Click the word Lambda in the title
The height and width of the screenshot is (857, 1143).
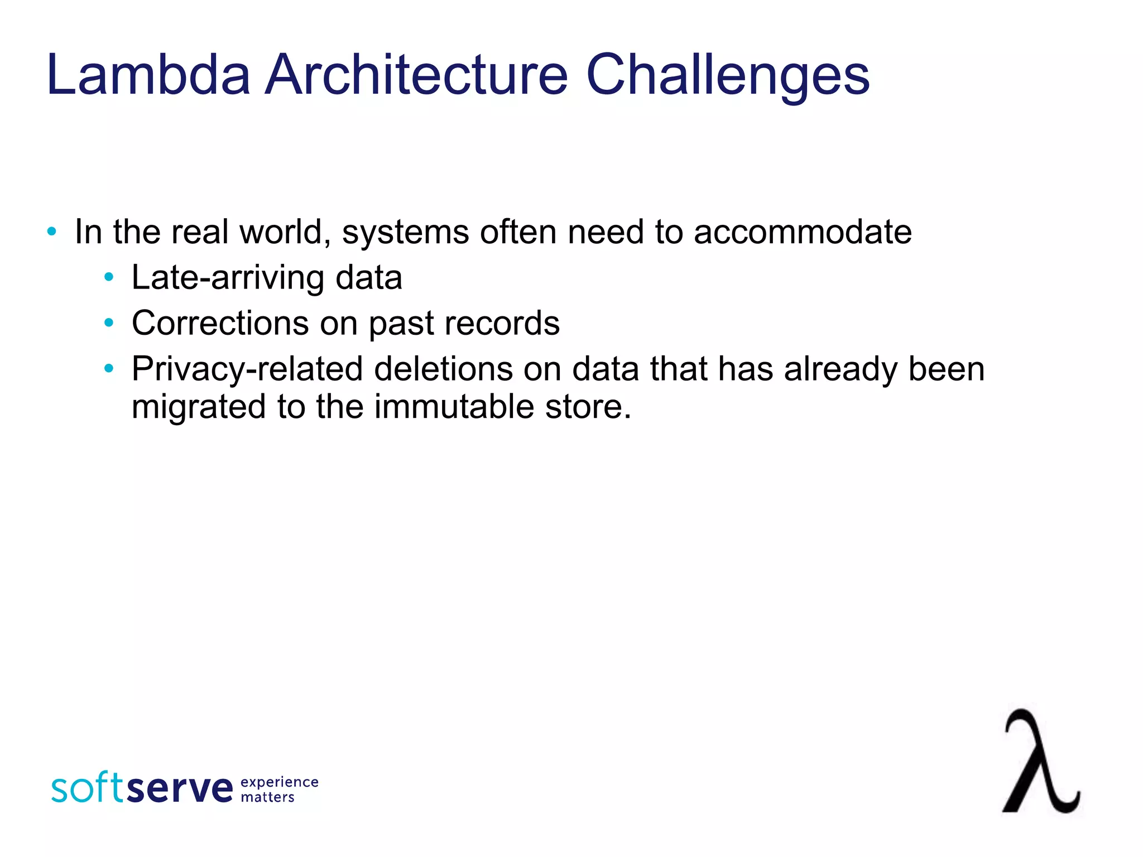tap(148, 75)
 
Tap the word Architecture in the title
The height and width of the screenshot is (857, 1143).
tap(416, 75)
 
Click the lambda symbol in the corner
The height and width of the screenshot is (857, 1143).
tap(1040, 762)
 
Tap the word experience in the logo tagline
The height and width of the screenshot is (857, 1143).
tap(279, 782)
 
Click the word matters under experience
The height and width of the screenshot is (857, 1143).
tap(267, 797)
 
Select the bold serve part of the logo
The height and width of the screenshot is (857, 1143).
tap(180, 788)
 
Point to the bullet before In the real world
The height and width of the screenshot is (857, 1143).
tap(52, 232)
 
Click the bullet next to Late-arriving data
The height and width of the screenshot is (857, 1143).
tap(109, 277)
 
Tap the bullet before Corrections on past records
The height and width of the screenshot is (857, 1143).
tap(109, 322)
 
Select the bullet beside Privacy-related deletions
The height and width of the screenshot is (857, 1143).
tap(109, 368)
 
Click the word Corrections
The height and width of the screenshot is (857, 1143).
tap(220, 322)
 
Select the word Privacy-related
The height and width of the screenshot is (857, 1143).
tap(247, 369)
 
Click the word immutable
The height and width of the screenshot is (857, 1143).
tap(454, 406)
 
